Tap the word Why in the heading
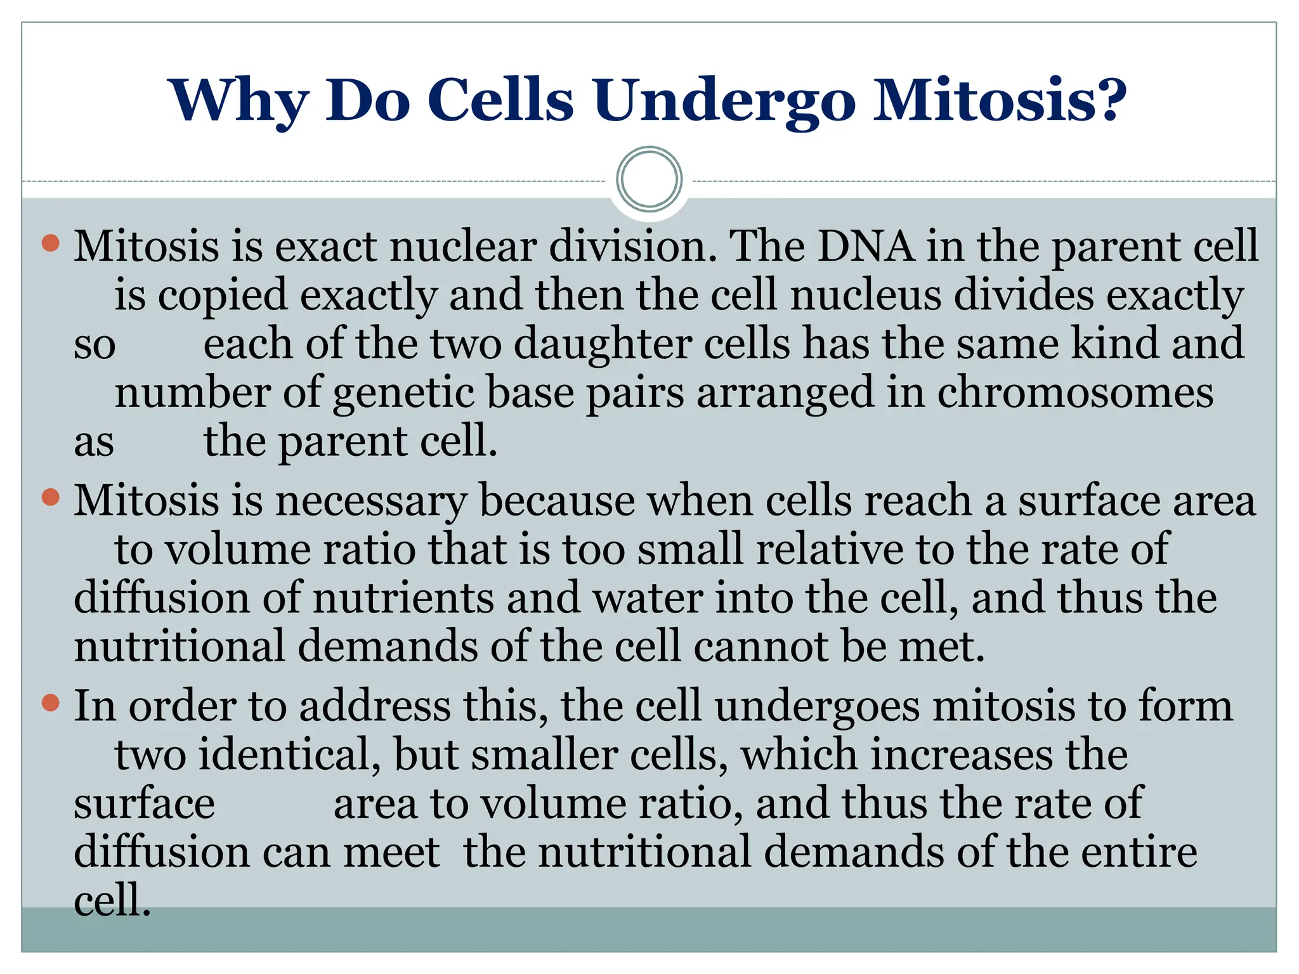[x=240, y=101]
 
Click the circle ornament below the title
[x=649, y=179]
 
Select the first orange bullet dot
[x=50, y=242]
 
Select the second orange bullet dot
[x=50, y=498]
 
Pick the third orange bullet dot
[x=50, y=703]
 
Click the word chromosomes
[x=1075, y=393]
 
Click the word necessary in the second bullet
[x=371, y=502]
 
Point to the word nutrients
[x=403, y=599]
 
